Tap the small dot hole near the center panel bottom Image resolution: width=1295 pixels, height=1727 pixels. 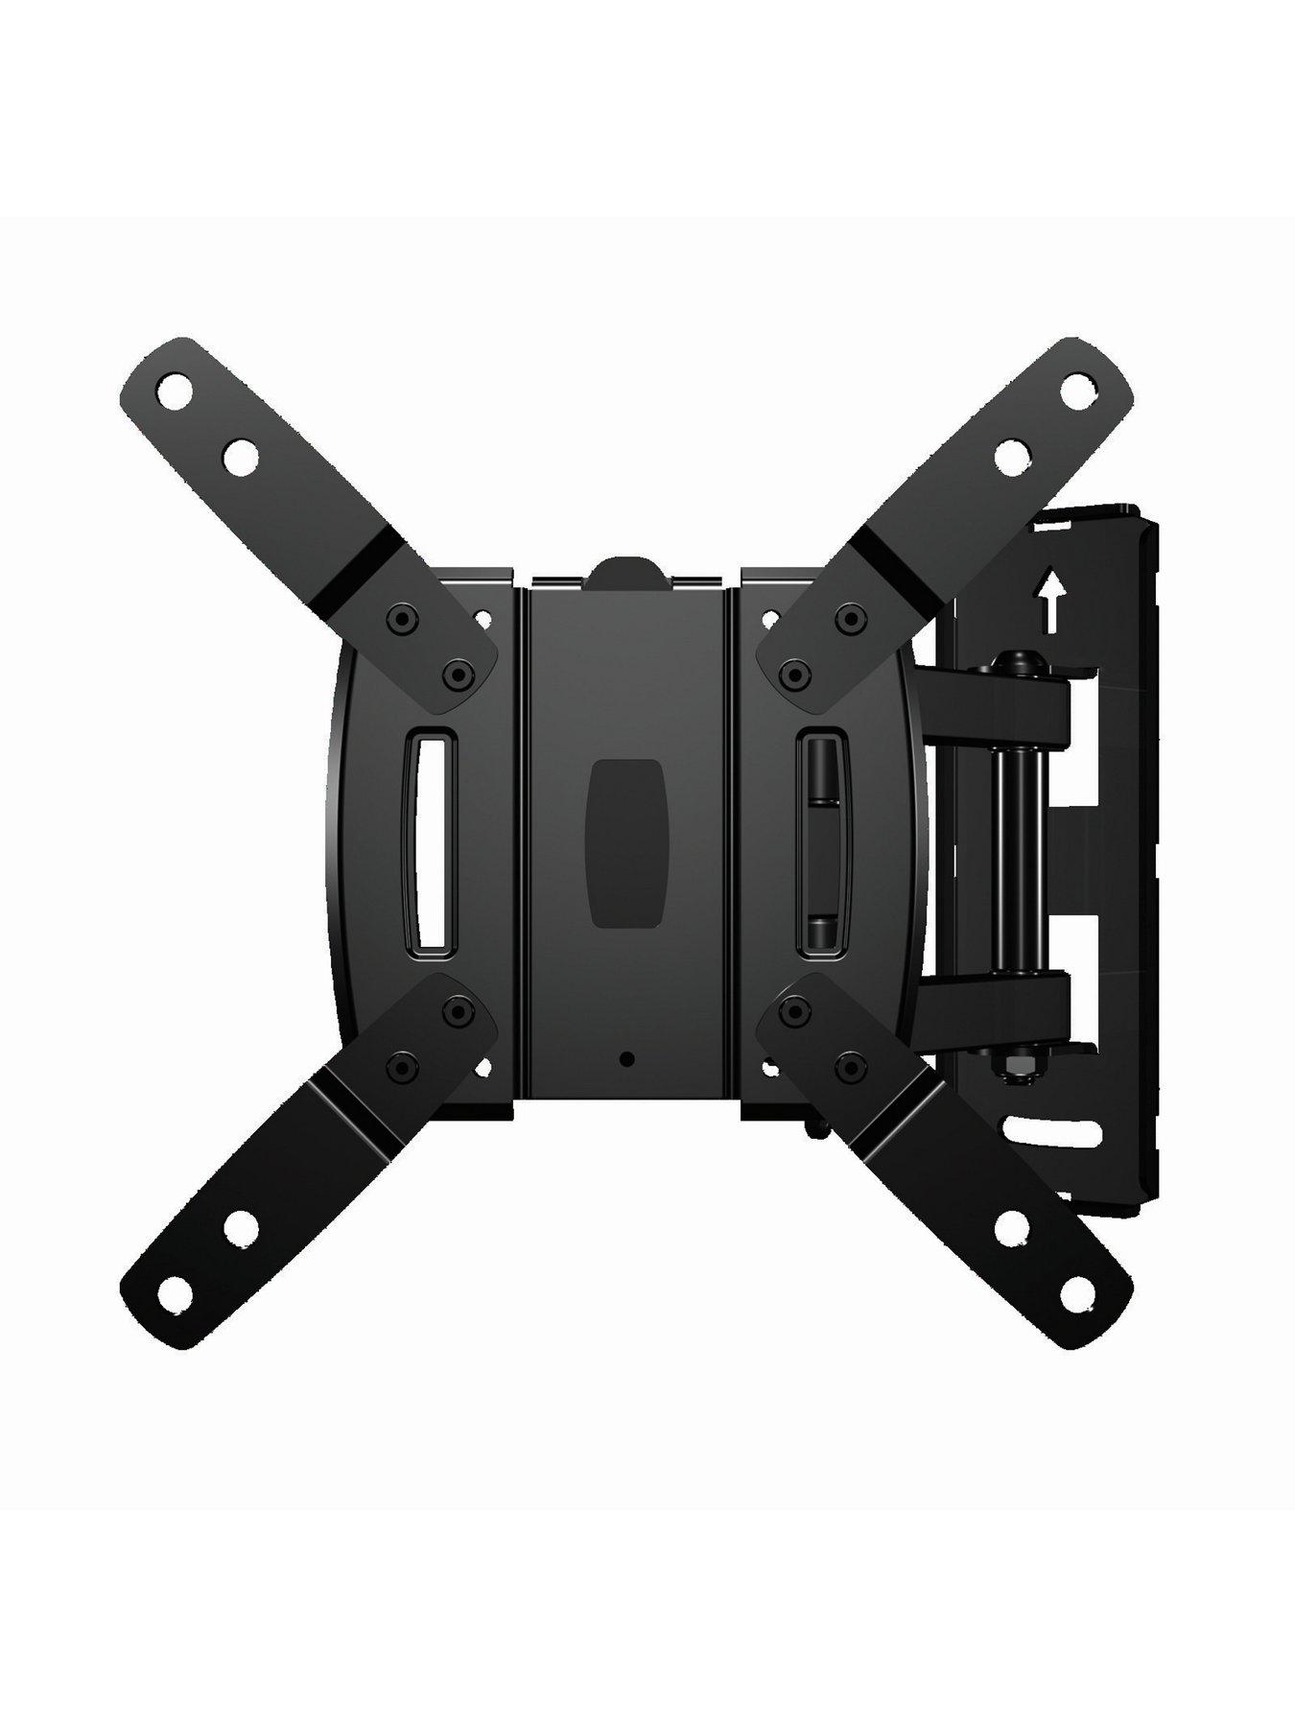[x=627, y=1059]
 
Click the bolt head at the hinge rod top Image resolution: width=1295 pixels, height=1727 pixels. [x=1013, y=662]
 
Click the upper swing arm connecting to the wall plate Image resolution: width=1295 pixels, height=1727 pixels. [x=998, y=693]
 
